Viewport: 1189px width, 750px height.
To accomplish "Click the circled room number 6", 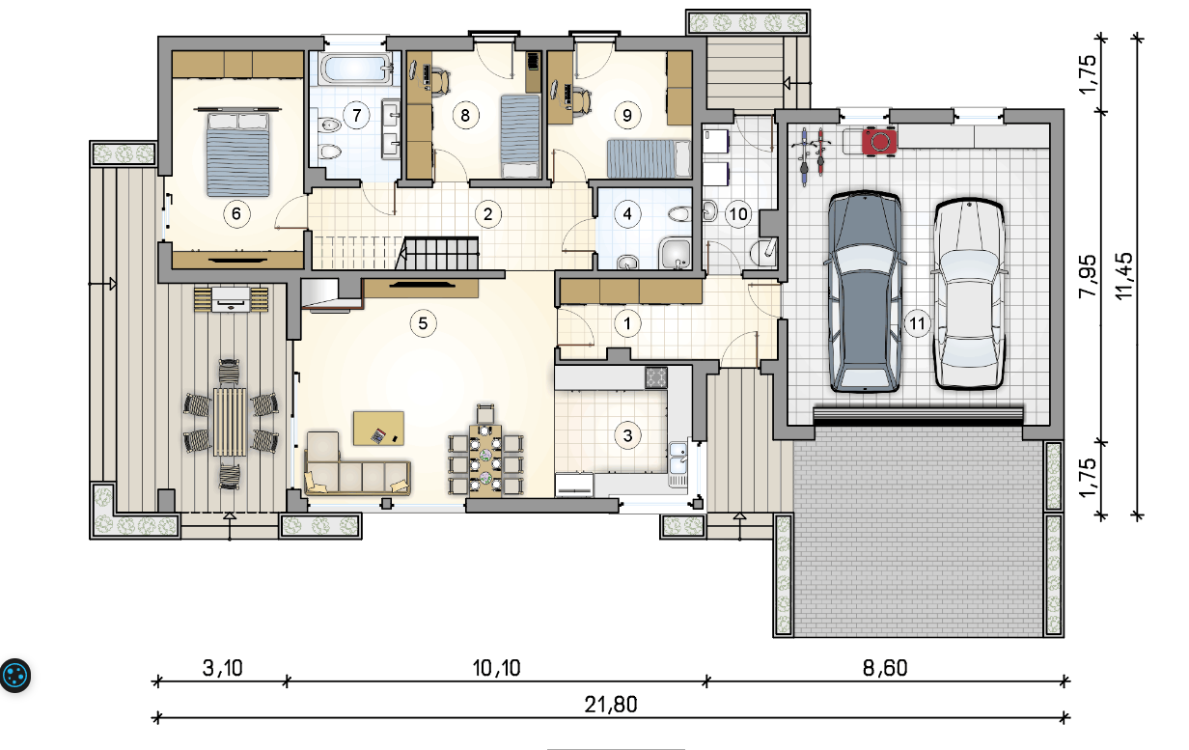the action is click(x=236, y=214).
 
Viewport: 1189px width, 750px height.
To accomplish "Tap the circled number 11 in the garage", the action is click(x=917, y=323).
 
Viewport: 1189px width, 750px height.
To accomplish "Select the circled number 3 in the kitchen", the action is click(x=627, y=435).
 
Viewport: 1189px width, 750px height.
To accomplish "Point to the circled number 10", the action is click(x=738, y=214).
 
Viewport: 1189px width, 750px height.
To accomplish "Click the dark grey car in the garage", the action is click(x=865, y=292).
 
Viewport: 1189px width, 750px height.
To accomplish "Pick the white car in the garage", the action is click(x=969, y=293).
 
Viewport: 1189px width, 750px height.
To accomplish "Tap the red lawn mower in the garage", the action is click(x=879, y=141).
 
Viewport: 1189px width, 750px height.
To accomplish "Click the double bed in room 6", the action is click(x=237, y=153).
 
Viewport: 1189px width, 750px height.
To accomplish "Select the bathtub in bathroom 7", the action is click(x=355, y=69).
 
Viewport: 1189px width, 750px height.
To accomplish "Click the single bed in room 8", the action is click(x=520, y=136).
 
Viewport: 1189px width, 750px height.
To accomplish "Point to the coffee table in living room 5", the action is click(x=378, y=428).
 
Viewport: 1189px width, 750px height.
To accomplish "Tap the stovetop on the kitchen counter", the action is click(x=656, y=377).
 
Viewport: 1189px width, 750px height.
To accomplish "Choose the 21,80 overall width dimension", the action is click(x=610, y=705).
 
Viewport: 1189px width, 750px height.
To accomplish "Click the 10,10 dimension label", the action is click(x=496, y=668).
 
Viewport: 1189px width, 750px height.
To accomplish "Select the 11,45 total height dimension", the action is click(x=1123, y=276).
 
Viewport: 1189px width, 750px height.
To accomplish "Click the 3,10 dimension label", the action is click(x=222, y=668).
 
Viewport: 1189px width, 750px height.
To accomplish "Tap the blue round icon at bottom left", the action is click(x=14, y=676).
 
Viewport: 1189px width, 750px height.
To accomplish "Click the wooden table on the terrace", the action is click(x=230, y=422).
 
